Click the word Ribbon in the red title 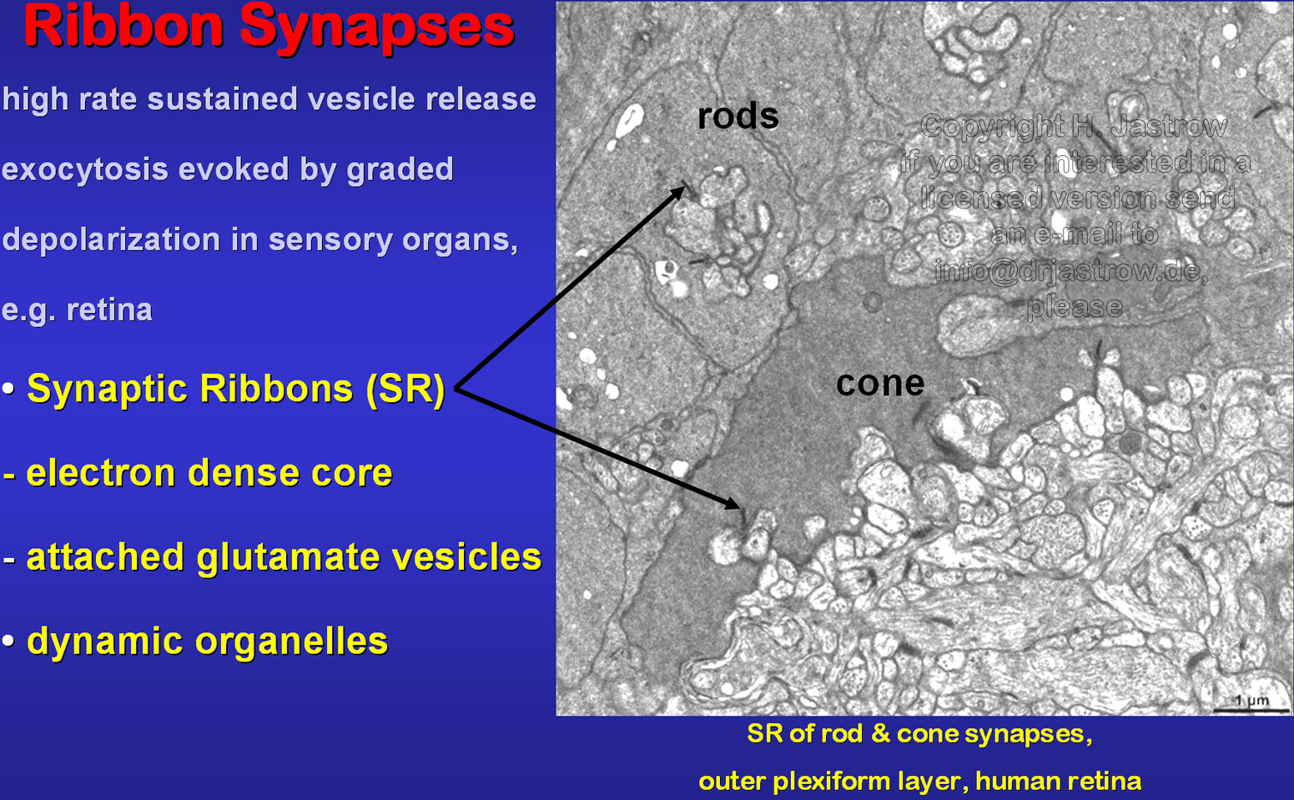click(x=123, y=27)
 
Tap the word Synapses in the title click(x=376, y=30)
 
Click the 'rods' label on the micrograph click(x=738, y=116)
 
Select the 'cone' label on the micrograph click(x=880, y=383)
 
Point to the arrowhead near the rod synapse click(x=677, y=193)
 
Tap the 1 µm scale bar click(x=1251, y=709)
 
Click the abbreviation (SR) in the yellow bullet click(x=405, y=389)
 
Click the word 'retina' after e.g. click(x=109, y=309)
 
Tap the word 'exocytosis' click(x=85, y=170)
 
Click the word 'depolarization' click(x=112, y=240)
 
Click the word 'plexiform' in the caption click(x=831, y=782)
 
